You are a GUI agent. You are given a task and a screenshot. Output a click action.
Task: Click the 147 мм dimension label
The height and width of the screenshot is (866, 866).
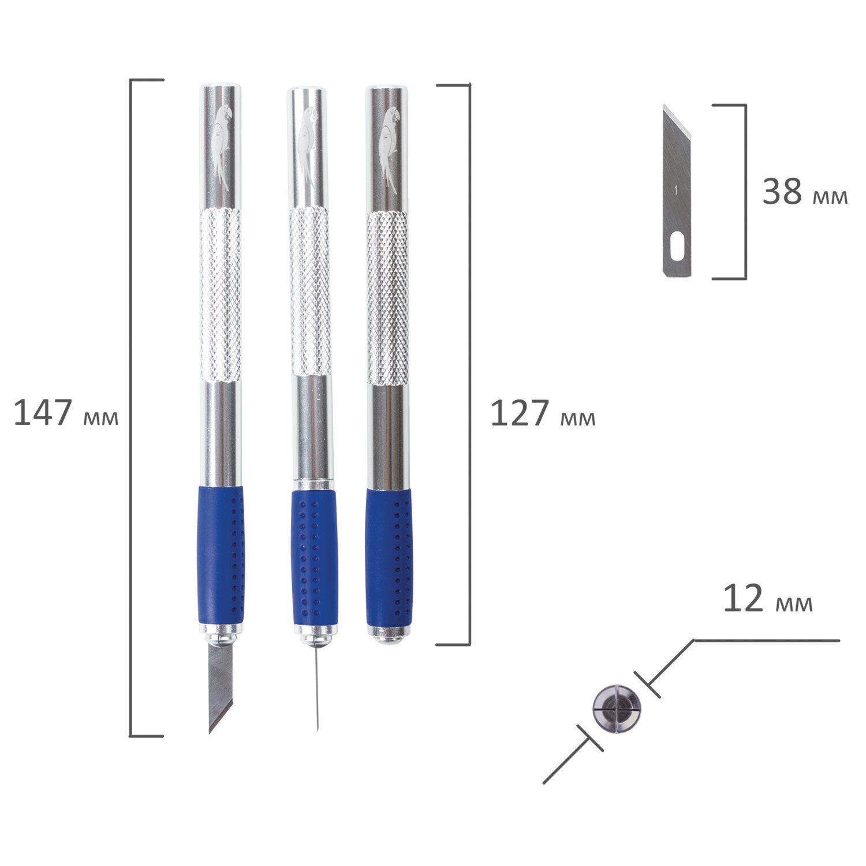click(66, 413)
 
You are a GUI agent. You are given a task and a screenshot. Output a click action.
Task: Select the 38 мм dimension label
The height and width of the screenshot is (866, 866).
click(805, 192)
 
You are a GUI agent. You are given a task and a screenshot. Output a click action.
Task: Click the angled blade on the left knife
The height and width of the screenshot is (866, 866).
click(220, 687)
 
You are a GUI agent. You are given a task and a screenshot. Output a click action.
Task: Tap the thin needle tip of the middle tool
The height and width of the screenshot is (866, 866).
click(317, 729)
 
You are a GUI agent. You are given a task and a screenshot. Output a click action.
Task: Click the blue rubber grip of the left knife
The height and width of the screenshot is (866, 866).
click(222, 554)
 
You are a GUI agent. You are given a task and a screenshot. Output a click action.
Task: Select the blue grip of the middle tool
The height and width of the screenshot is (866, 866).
click(314, 558)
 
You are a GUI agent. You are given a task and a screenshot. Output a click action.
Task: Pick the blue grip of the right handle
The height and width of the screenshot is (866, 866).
click(390, 558)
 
